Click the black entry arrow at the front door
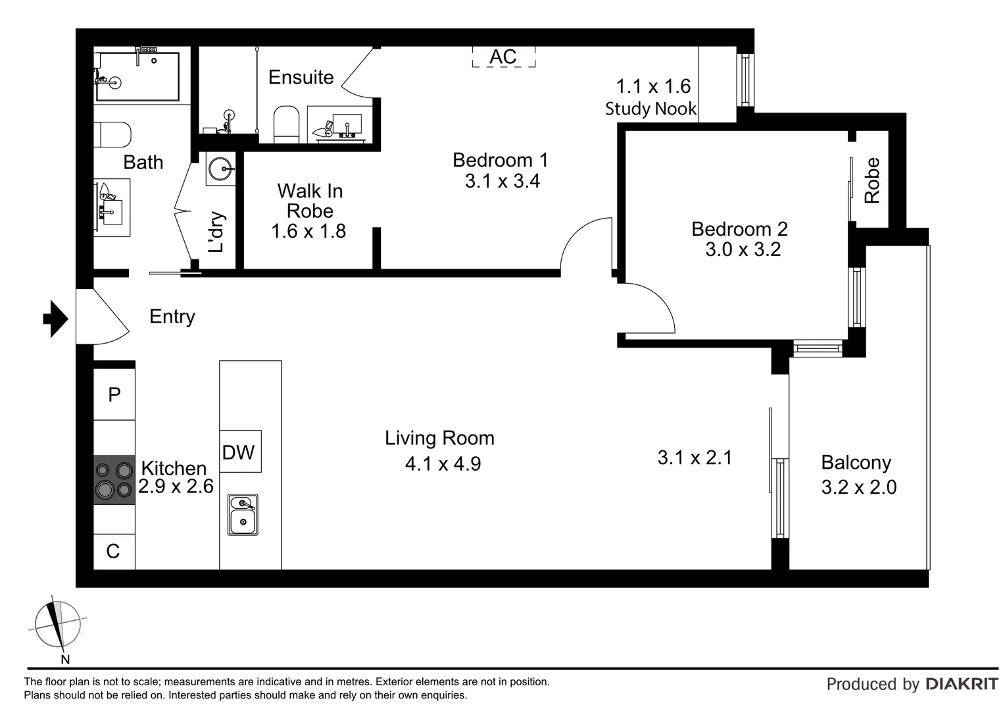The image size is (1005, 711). coord(56,319)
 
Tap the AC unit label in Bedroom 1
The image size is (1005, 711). coord(503,57)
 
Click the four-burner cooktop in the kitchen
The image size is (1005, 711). coord(114,480)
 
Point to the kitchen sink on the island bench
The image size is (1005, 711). coord(243,515)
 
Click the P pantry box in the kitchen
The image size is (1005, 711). coord(114,394)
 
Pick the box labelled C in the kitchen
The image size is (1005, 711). coord(114,551)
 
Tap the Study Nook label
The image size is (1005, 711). coord(650,109)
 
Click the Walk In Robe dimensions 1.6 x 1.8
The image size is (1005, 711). coord(308,231)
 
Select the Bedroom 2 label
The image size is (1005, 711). coord(739,229)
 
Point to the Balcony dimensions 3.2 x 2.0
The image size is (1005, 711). coord(859,487)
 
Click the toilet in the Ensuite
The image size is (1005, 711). coord(286,123)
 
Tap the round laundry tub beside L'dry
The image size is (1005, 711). coord(220,169)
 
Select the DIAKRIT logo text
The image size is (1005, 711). coord(962,684)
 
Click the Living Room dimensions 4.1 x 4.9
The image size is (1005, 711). coord(443,463)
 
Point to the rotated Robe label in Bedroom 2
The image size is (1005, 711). coord(871,180)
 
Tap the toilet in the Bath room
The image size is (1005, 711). coord(114,134)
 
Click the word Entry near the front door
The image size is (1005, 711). coord(172,317)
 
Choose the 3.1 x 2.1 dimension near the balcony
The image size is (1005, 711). coord(695,458)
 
